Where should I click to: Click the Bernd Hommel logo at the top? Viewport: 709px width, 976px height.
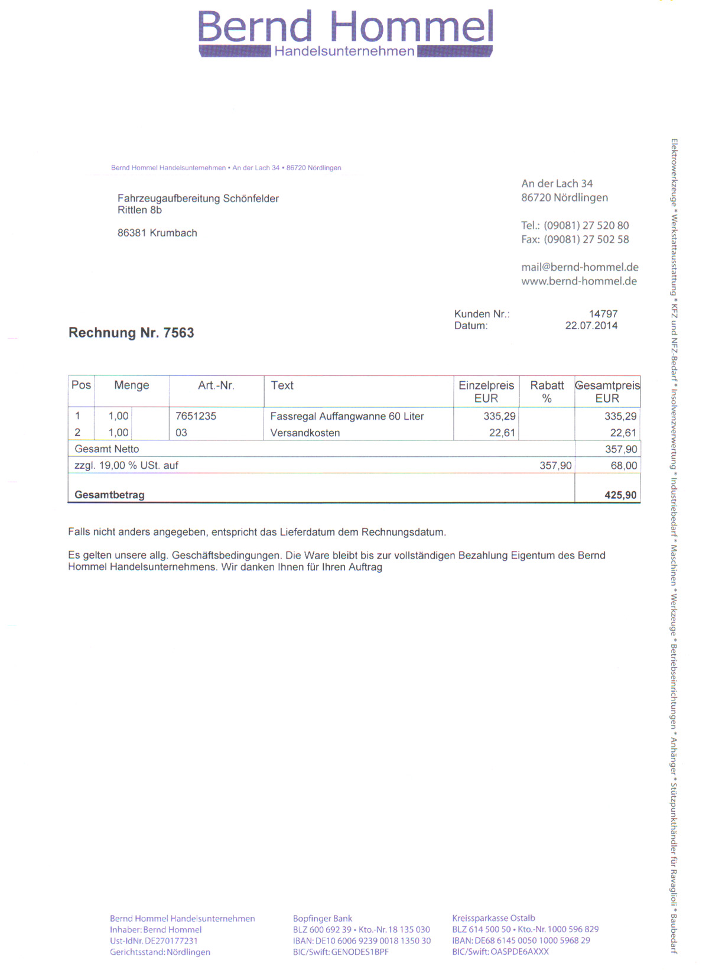(346, 33)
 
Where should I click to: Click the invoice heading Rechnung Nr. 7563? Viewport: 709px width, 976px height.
(131, 333)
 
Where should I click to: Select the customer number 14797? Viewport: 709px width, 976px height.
(603, 314)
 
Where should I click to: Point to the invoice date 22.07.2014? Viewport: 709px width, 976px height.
(591, 326)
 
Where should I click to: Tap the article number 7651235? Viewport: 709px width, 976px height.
(196, 416)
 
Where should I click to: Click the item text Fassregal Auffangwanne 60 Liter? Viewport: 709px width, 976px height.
(347, 416)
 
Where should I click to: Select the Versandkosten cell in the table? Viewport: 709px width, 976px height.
(305, 433)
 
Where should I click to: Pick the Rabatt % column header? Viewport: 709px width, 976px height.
(547, 391)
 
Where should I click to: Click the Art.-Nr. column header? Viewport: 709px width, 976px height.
(216, 385)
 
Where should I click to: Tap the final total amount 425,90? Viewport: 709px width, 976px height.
(620, 495)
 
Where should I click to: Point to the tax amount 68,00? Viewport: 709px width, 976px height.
(623, 466)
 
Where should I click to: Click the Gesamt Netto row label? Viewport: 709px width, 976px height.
(107, 449)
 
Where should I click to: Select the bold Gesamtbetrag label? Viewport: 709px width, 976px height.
(109, 495)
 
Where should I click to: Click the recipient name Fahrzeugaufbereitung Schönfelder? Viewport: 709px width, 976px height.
(198, 199)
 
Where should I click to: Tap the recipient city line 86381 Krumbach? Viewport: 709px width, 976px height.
(157, 233)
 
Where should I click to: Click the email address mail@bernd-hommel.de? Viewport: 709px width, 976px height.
(580, 267)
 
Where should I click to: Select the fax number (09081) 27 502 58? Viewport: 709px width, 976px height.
(586, 239)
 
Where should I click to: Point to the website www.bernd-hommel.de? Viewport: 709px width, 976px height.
(579, 281)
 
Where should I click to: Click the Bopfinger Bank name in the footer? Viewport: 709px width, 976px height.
(323, 919)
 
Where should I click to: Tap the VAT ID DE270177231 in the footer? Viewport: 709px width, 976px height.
(171, 941)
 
